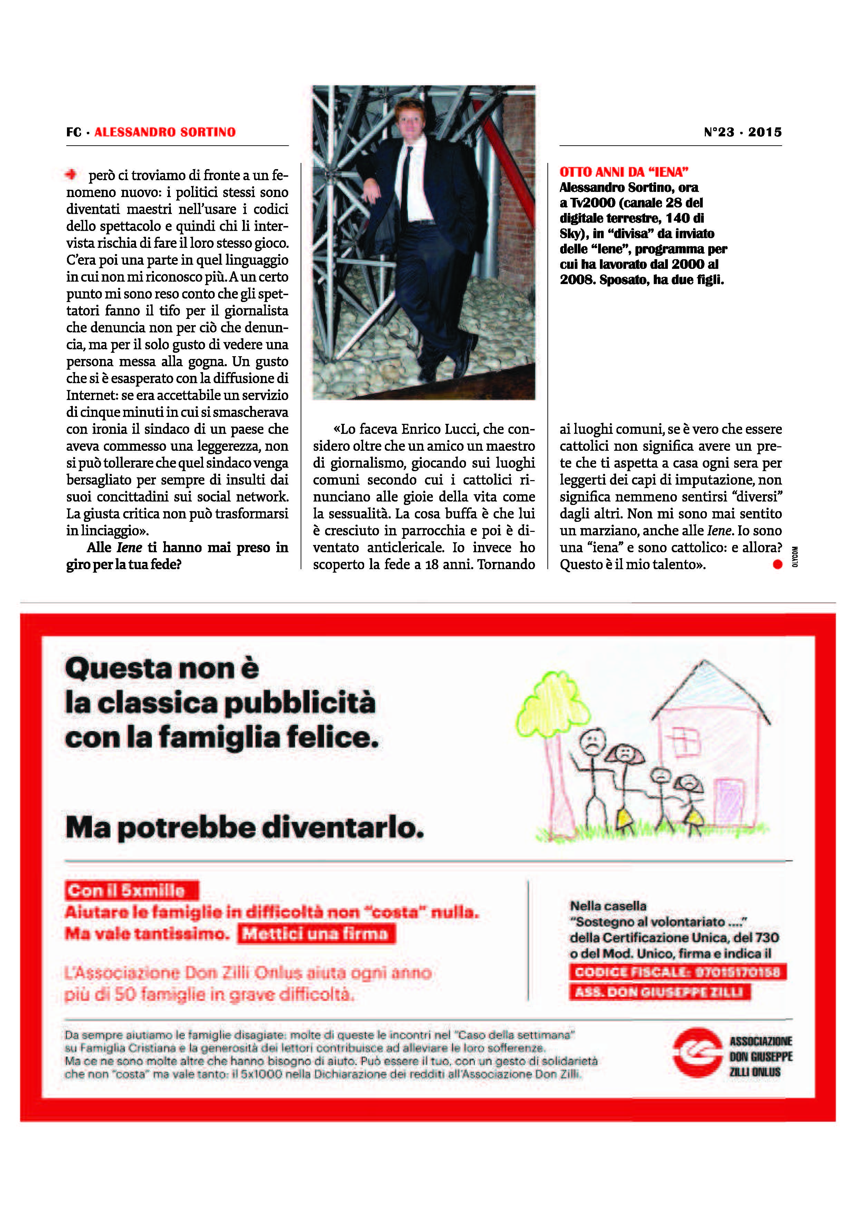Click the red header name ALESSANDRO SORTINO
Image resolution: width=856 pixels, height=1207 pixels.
pos(165,132)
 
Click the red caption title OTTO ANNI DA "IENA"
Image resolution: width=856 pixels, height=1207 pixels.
pos(624,172)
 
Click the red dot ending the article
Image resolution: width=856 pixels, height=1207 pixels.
pos(777,564)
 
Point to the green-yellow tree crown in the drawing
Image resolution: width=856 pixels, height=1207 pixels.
pos(548,704)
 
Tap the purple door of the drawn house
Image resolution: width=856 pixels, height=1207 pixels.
pos(729,801)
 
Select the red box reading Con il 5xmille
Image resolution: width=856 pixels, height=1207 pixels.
pos(132,891)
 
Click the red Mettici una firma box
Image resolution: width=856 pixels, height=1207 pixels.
pos(316,934)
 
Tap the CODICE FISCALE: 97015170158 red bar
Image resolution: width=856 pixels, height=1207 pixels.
pos(677,972)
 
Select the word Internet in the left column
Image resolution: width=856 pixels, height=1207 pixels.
pos(92,395)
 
